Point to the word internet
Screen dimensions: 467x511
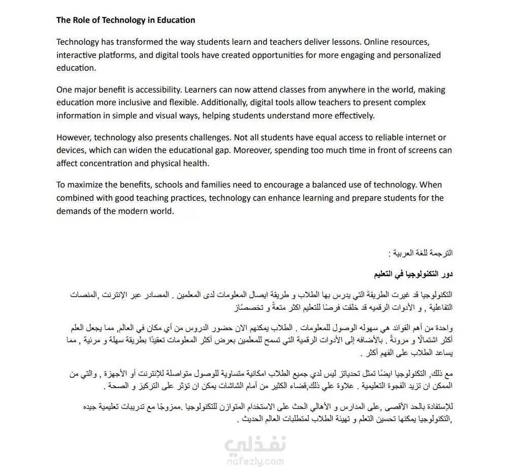[422, 138]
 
